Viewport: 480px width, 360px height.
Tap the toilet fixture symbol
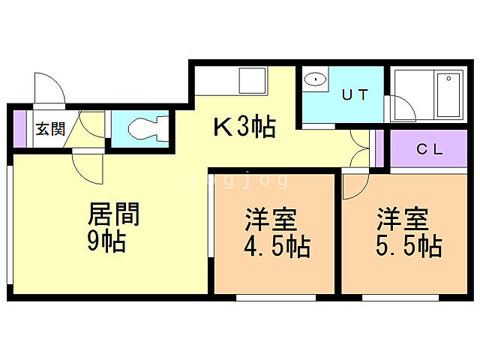[x=144, y=130]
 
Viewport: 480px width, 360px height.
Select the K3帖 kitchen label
[x=244, y=128]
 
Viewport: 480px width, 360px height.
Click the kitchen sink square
[x=250, y=79]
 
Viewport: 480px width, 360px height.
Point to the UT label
[x=355, y=95]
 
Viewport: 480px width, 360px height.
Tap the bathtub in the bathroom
[x=448, y=96]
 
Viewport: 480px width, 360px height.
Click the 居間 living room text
[x=114, y=215]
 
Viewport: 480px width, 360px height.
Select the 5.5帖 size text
[x=407, y=246]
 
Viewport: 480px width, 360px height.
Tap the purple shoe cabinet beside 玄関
[x=19, y=129]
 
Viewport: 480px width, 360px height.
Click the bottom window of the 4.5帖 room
[x=275, y=298]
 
